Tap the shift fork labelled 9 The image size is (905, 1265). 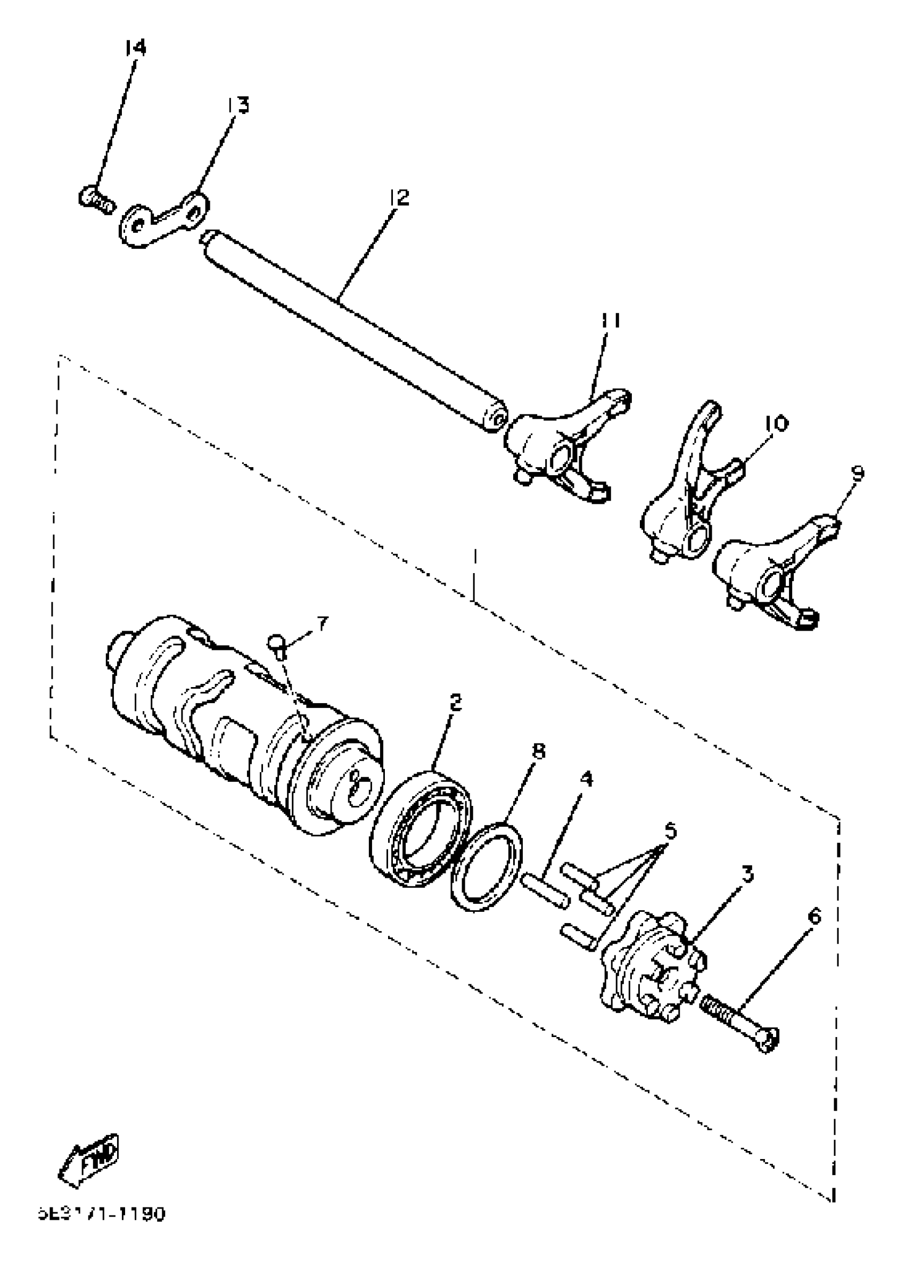coord(766,576)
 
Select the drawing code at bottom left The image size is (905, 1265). coord(102,1214)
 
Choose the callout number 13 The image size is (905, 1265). coord(238,105)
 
